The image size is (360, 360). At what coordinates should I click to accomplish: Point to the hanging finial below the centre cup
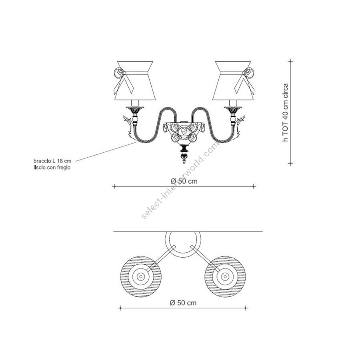coord(184,154)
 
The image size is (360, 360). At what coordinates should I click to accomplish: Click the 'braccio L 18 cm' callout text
coord(52,161)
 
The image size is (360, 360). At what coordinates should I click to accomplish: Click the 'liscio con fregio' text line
coord(52,167)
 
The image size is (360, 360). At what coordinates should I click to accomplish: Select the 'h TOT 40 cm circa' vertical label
coord(285,112)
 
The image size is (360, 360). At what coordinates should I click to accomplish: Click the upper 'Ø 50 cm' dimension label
coord(184,181)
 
